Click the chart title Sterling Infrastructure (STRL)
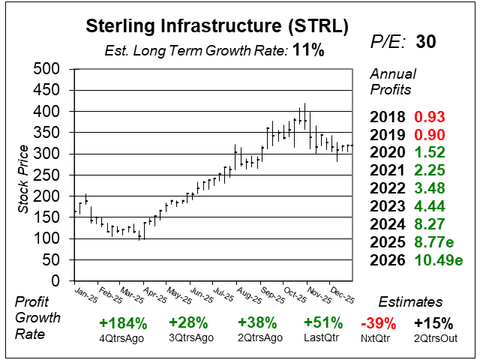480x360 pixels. pyautogui.click(x=217, y=27)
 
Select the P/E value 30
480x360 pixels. pyautogui.click(x=425, y=43)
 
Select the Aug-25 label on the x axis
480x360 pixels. pyautogui.click(x=246, y=293)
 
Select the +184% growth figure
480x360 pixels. pyautogui.click(x=121, y=323)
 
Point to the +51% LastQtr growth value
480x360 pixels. pyautogui.click(x=323, y=323)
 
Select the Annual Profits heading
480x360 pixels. pyautogui.click(x=391, y=82)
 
